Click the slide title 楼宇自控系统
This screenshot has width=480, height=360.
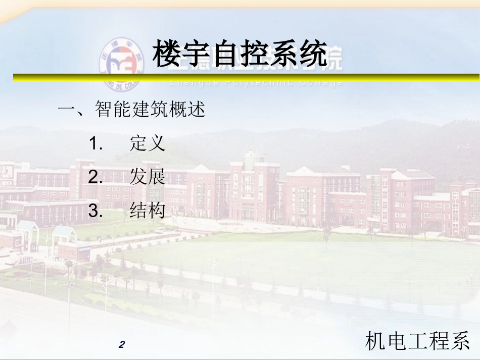(x=239, y=55)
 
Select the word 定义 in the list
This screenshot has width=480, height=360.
(x=148, y=144)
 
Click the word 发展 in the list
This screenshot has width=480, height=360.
(x=148, y=177)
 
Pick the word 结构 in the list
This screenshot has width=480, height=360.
(x=148, y=211)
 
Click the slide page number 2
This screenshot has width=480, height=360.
(x=121, y=345)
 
